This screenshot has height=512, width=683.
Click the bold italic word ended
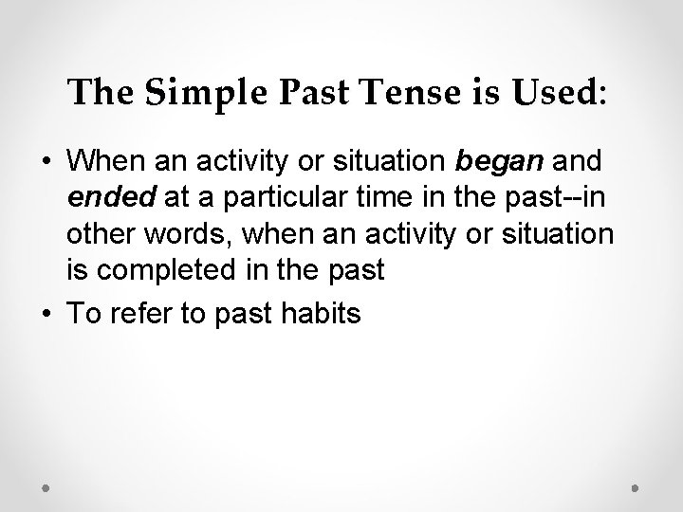tap(101, 199)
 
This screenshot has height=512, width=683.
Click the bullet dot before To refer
tap(46, 314)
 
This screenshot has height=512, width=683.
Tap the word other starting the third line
tap(98, 235)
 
